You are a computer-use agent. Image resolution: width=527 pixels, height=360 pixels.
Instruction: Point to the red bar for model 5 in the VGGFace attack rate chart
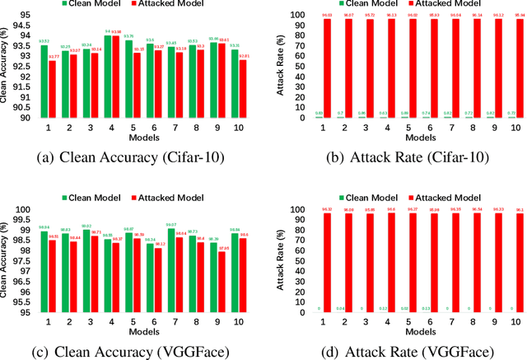pos(413,264)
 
